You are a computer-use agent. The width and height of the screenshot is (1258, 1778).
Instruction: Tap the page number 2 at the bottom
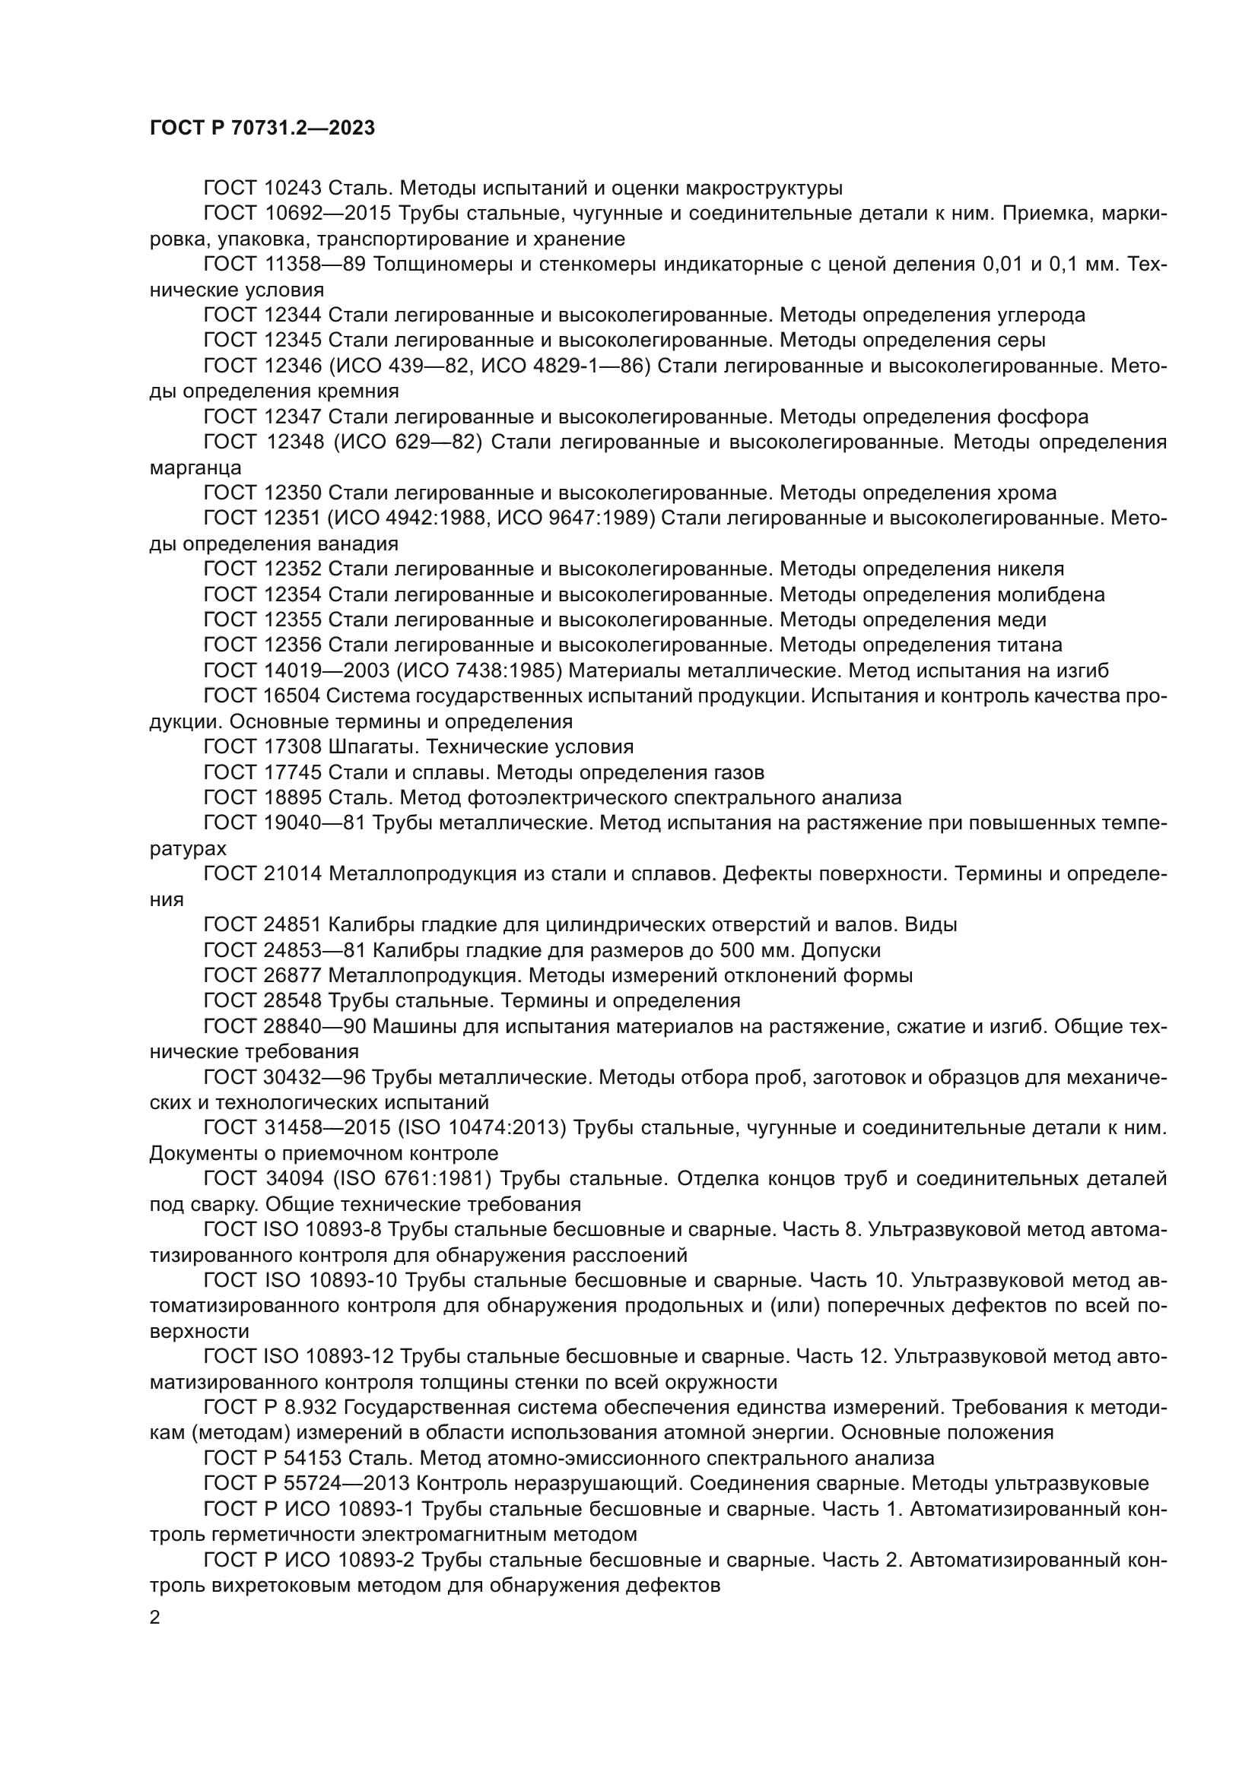coord(155,1618)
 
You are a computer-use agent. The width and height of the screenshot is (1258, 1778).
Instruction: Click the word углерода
coord(1042,315)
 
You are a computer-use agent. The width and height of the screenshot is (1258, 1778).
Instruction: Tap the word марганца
coord(195,468)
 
